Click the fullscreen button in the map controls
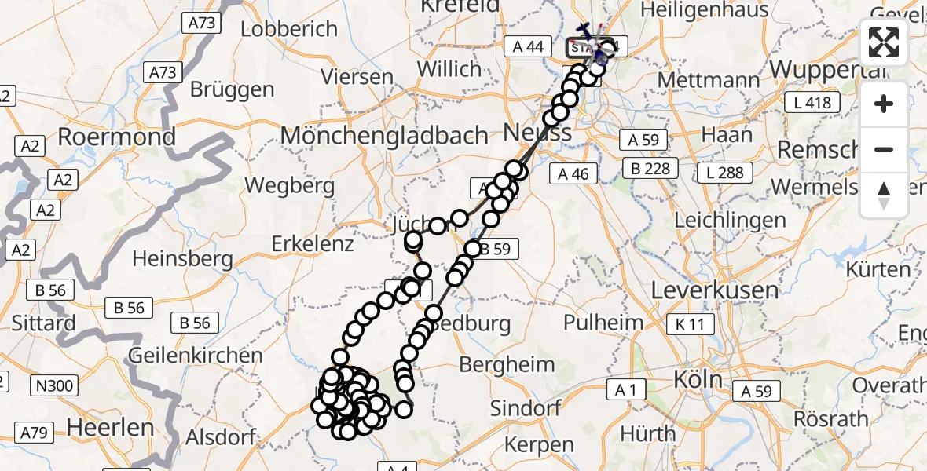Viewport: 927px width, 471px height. [884, 42]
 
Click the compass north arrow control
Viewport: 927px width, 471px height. [884, 195]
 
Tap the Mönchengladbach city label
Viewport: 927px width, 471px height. [384, 135]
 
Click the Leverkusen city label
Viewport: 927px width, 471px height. [715, 290]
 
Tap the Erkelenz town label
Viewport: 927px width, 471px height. [313, 244]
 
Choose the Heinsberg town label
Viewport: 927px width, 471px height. [182, 257]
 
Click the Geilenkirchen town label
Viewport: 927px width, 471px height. [196, 355]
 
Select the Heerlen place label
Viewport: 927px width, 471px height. [111, 428]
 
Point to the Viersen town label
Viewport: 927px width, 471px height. [357, 78]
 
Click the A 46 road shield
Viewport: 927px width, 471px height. [573, 173]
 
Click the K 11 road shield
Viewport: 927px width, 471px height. [691, 324]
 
